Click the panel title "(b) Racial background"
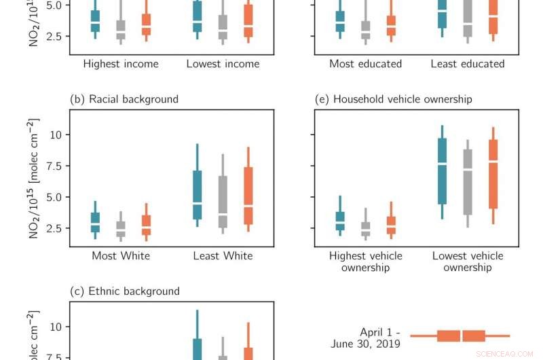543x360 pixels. pos(124,99)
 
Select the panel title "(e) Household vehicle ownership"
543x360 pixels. pos(394,99)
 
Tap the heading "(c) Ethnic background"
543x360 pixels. pos(125,291)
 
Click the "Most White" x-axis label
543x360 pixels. pos(121,256)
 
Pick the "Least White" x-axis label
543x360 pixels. pos(223,256)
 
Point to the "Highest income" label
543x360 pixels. pos(121,64)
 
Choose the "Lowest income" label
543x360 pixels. pos(223,64)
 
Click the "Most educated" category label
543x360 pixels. pos(365,64)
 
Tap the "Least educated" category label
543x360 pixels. pos(468,64)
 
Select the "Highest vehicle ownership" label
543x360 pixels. pos(365,262)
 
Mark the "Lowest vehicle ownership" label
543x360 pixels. pos(468,262)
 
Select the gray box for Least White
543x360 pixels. pos(223,202)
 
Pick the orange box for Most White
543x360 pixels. pos(147,225)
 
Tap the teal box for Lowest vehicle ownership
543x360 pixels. pos(443,171)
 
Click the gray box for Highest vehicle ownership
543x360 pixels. pos(366,229)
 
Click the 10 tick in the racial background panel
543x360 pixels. pos(58,134)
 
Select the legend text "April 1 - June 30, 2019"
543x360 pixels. pos(365,338)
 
